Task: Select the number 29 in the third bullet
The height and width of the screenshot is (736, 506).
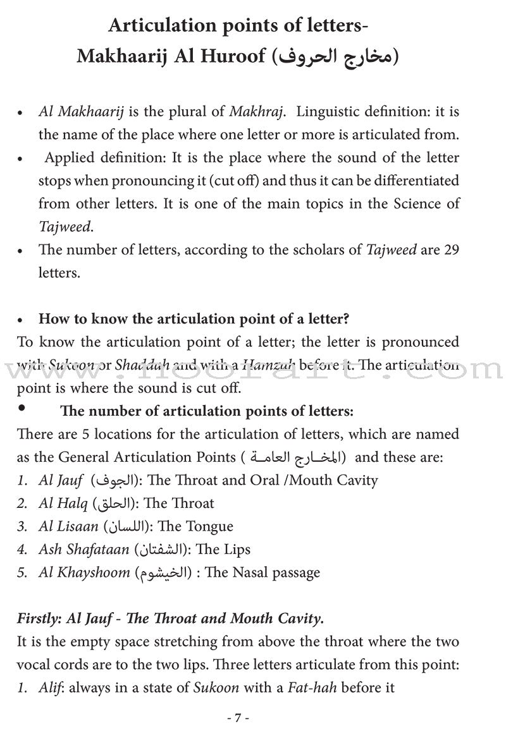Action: click(x=450, y=250)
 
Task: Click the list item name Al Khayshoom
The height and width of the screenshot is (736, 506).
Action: click(x=82, y=573)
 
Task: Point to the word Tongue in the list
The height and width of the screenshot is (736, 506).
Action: click(x=209, y=526)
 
